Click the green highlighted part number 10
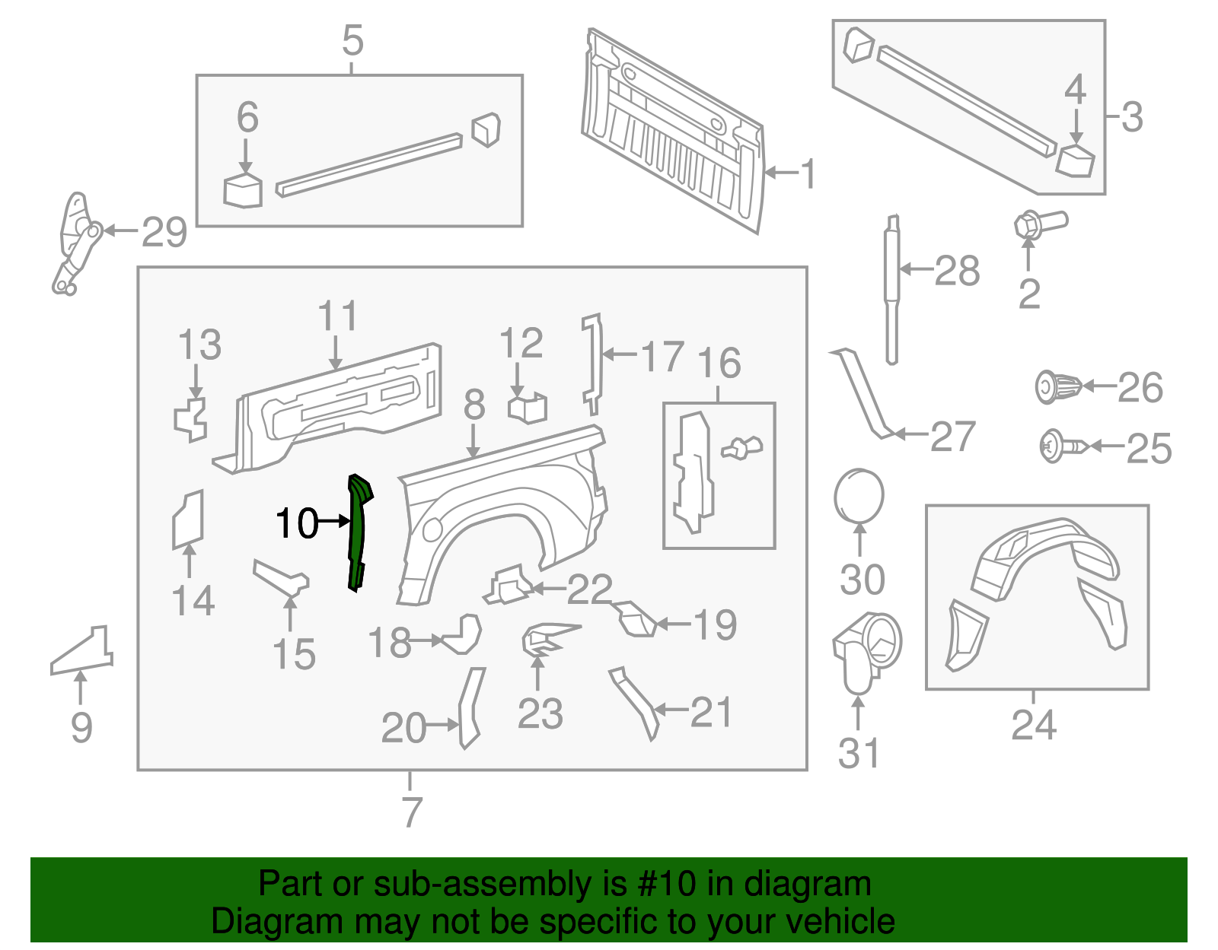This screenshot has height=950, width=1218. point(357,532)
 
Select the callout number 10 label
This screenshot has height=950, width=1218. point(297,523)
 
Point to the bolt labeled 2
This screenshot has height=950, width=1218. point(1040,223)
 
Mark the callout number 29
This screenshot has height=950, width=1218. point(164,232)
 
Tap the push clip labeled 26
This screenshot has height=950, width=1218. point(1057,386)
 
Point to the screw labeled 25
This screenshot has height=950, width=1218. point(1063,446)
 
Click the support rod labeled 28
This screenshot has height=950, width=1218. point(891,289)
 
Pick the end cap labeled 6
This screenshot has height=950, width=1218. point(243,191)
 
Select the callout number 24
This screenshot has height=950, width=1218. point(1033,724)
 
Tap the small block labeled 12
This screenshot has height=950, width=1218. point(528,408)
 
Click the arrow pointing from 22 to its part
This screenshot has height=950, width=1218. point(548,588)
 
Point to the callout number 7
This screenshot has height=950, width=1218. point(411,812)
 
